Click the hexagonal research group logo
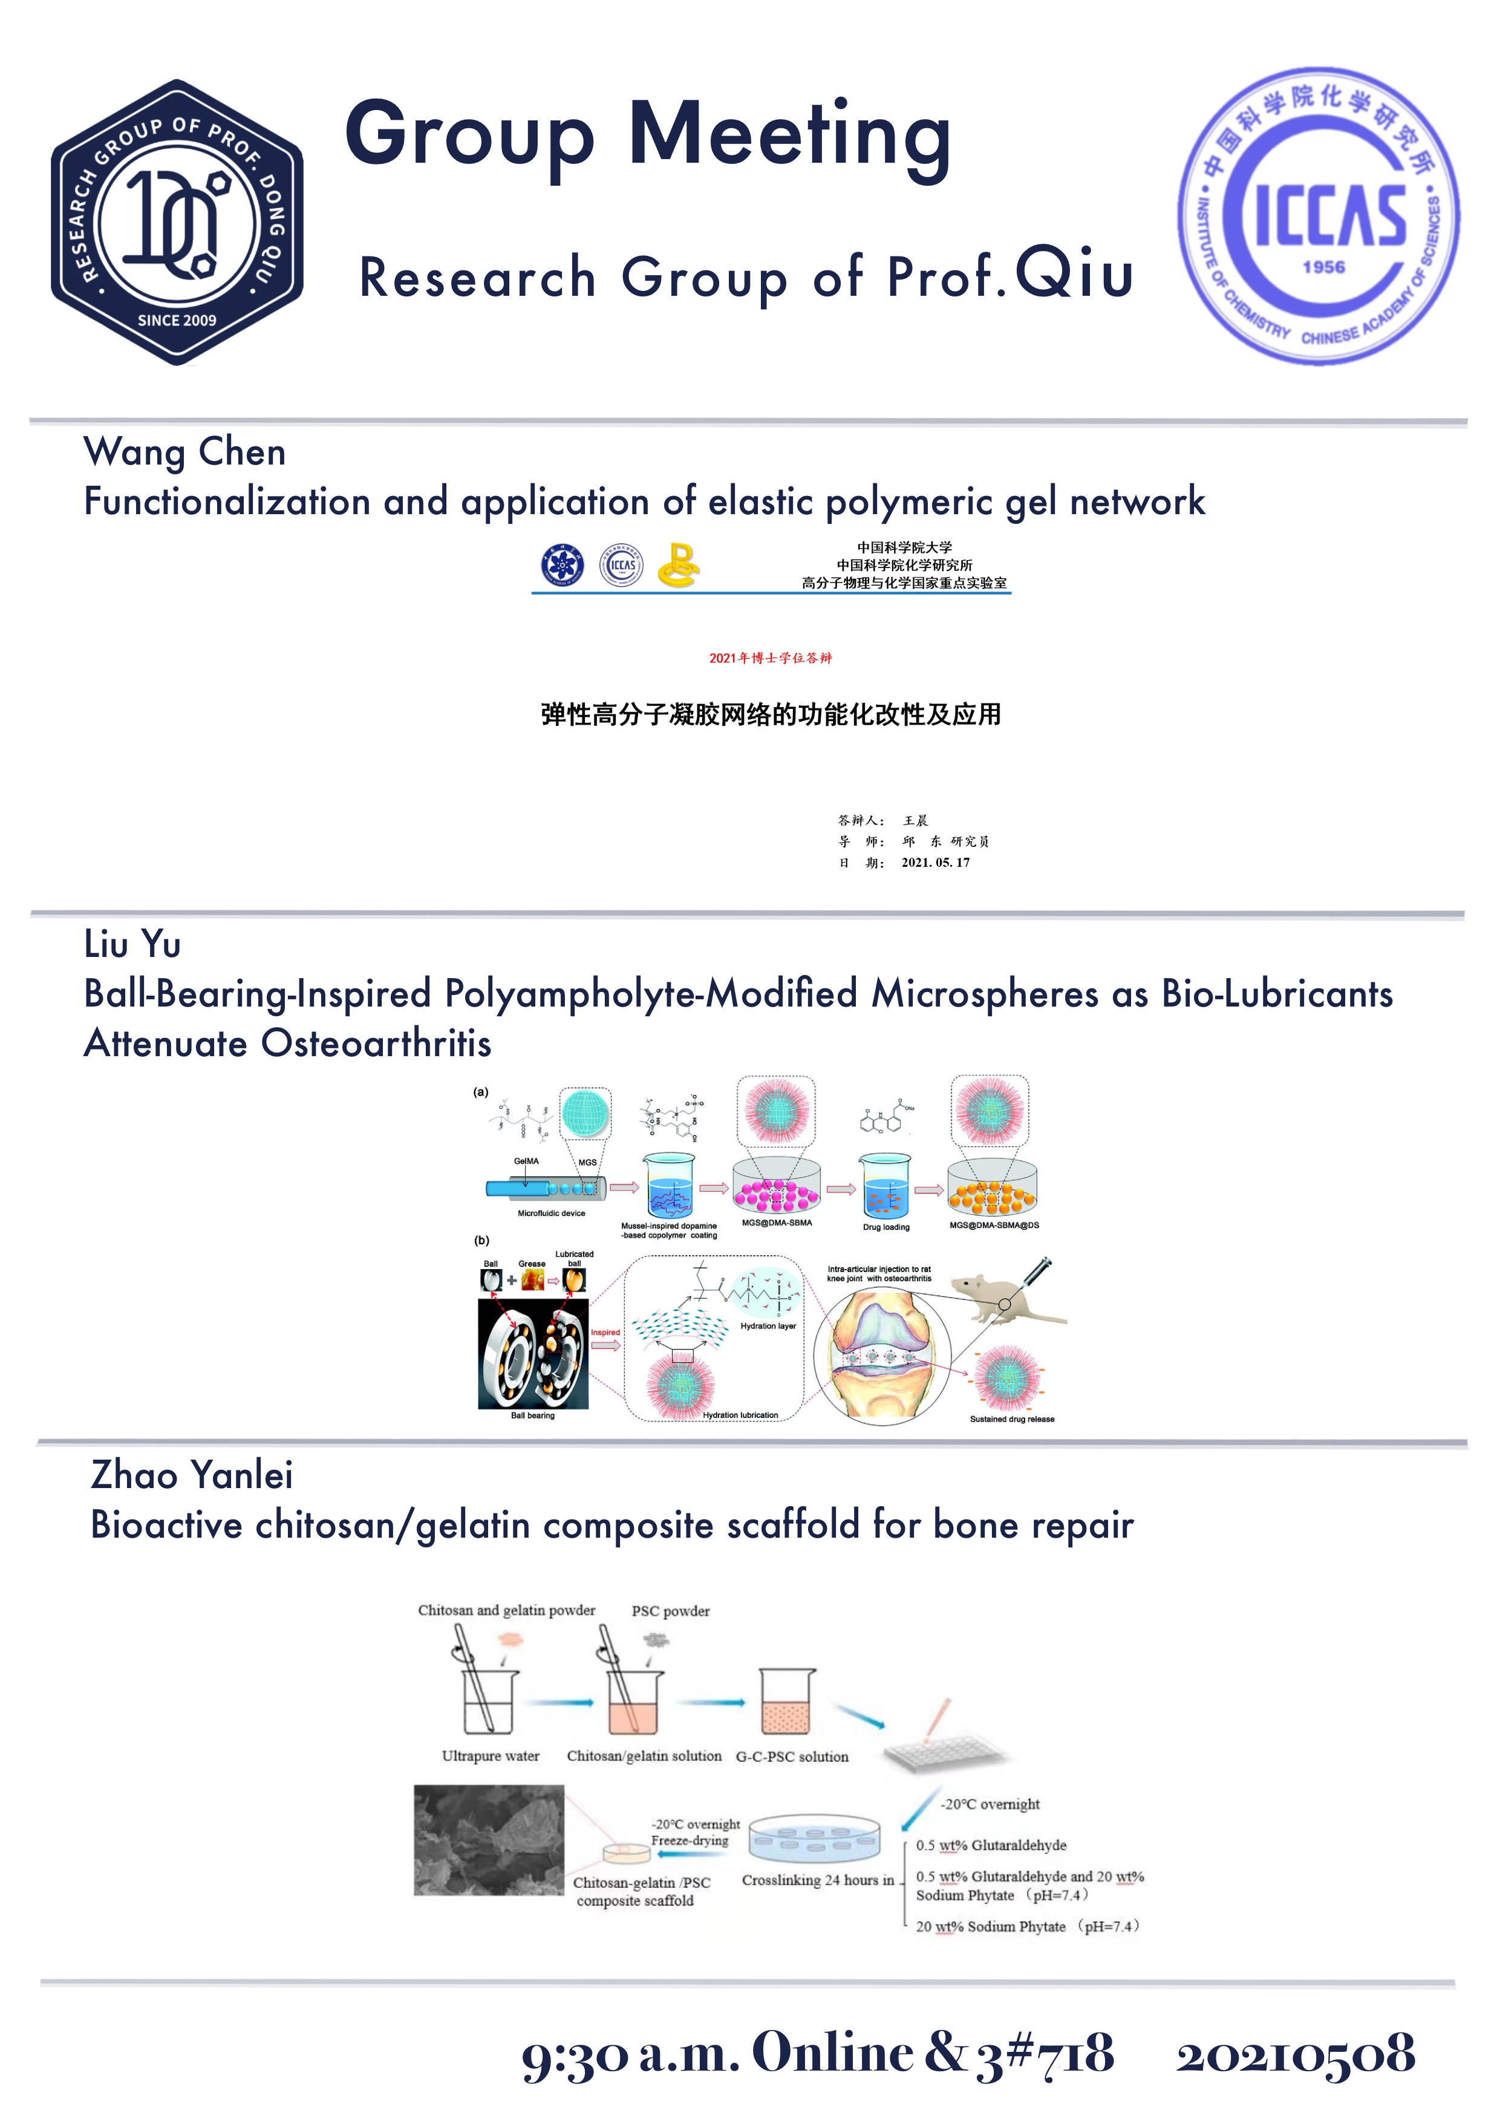pyautogui.click(x=177, y=223)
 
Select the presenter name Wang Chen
pyautogui.click(x=185, y=452)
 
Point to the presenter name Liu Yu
pyautogui.click(x=132, y=944)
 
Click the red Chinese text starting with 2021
pyautogui.click(x=770, y=658)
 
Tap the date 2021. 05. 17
pyautogui.click(x=935, y=863)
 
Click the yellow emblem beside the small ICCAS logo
pyautogui.click(x=679, y=566)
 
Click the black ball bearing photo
pyautogui.click(x=533, y=1354)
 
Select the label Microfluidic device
pyautogui.click(x=551, y=1213)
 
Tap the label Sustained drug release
pyautogui.click(x=1011, y=1418)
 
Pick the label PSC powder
pyautogui.click(x=670, y=1611)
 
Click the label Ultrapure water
pyautogui.click(x=490, y=1756)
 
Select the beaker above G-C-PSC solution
pyautogui.click(x=786, y=1702)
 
